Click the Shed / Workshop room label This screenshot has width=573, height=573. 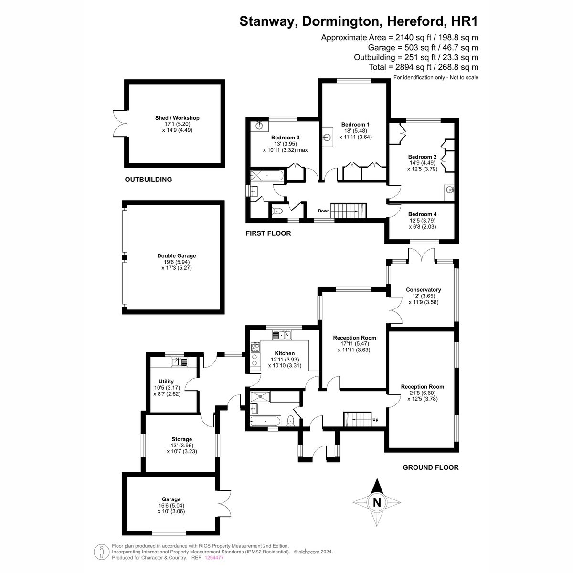[x=177, y=118]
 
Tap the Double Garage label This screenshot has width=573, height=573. [x=177, y=256]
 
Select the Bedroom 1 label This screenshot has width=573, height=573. [x=355, y=125]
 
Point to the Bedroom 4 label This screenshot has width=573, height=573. [x=422, y=214]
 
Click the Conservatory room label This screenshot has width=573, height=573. [x=423, y=290]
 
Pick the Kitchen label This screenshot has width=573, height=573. [x=285, y=353]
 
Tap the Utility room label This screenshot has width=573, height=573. [x=166, y=382]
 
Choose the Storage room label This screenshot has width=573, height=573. [x=181, y=439]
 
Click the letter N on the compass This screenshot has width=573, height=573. [x=377, y=502]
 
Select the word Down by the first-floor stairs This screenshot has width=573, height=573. [x=324, y=211]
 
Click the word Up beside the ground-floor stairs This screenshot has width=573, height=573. [x=375, y=420]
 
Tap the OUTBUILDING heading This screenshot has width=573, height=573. [x=148, y=180]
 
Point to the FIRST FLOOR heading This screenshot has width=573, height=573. [x=268, y=233]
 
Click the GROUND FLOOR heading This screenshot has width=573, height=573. [x=430, y=467]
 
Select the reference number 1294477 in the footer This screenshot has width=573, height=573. [x=214, y=558]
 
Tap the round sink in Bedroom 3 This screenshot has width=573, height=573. [x=259, y=125]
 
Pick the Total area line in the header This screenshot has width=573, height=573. [x=424, y=67]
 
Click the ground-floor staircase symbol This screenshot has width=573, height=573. [x=357, y=419]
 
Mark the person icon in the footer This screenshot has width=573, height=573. [x=101, y=552]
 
